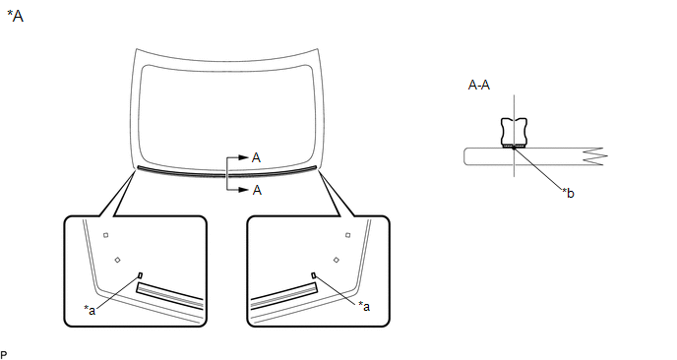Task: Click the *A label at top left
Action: (15, 17)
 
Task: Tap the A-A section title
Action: (479, 85)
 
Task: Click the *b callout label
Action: (568, 193)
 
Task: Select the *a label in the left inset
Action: (90, 310)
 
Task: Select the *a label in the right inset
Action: (364, 306)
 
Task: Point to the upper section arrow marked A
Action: (238, 157)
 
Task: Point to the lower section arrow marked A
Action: (238, 190)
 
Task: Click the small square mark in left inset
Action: (106, 235)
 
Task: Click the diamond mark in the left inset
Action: (117, 260)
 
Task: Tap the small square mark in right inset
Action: (348, 235)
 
